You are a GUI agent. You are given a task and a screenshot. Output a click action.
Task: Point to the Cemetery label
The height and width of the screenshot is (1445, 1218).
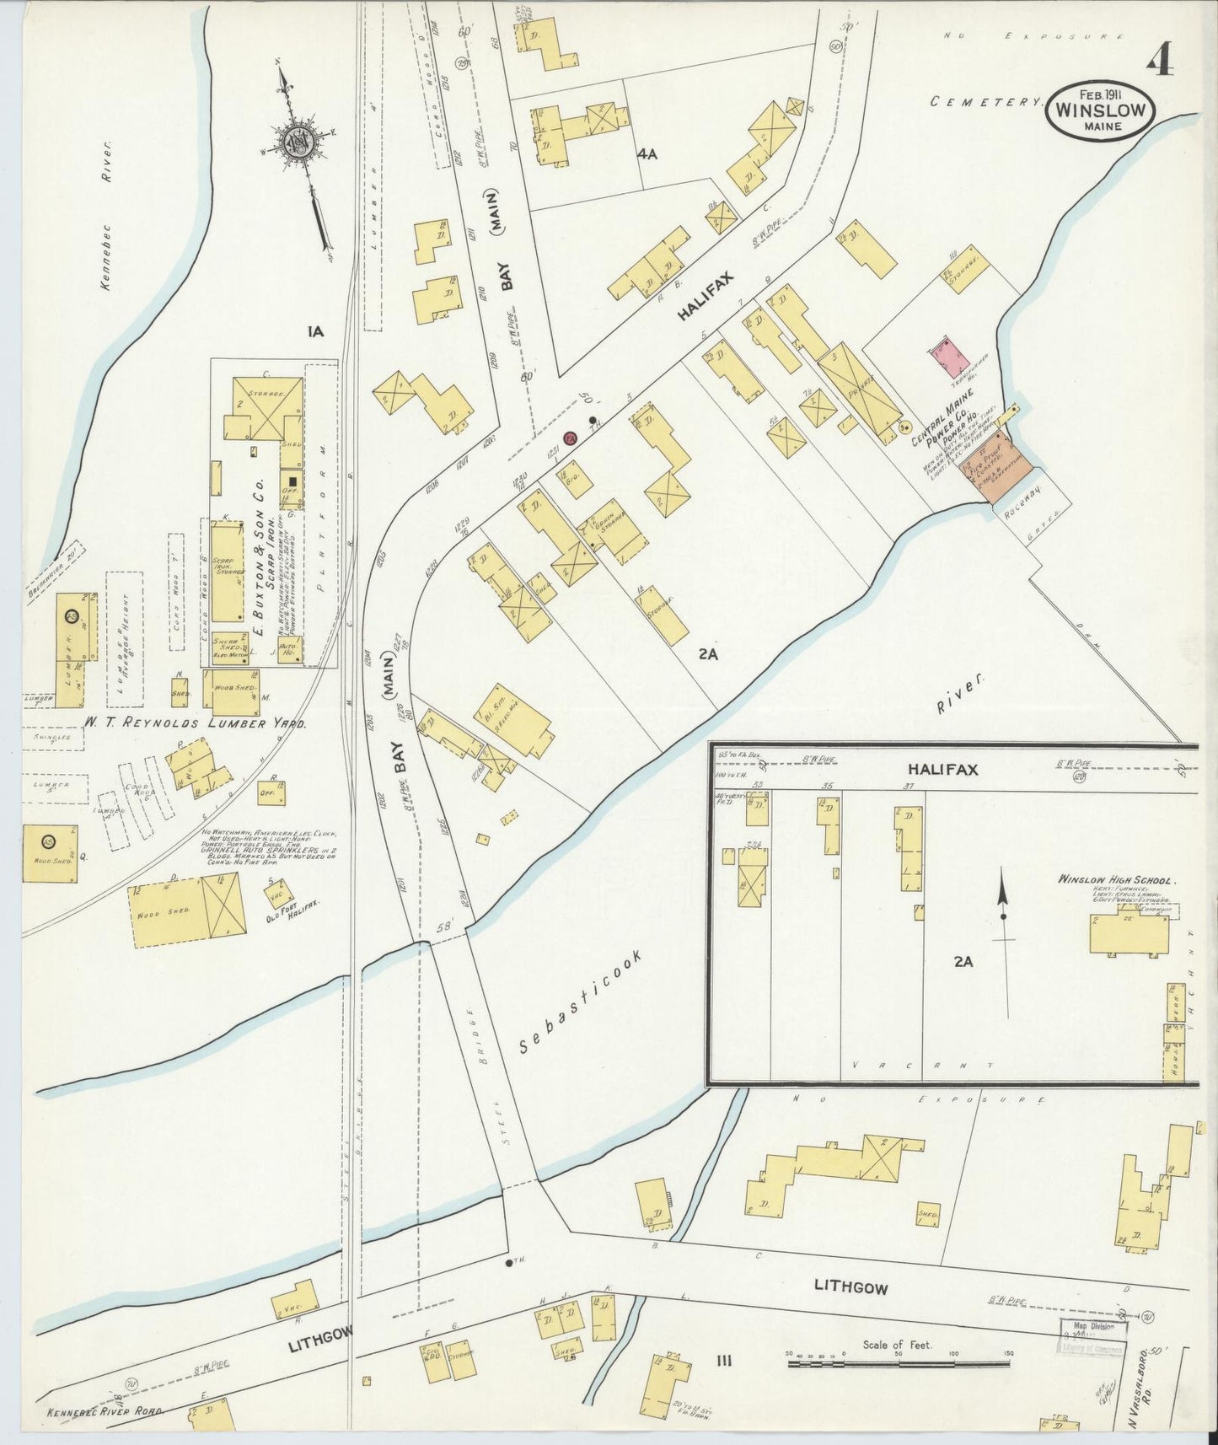[x=986, y=101]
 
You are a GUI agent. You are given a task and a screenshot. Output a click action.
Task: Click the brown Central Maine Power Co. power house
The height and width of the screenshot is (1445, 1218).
[x=986, y=462]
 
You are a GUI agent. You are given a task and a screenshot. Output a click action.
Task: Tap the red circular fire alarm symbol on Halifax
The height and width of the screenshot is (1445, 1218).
[x=570, y=438]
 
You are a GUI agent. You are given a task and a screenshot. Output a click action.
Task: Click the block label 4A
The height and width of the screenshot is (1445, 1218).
[x=647, y=154]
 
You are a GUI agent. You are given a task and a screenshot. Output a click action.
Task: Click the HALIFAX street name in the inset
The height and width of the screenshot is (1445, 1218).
[x=936, y=770]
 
